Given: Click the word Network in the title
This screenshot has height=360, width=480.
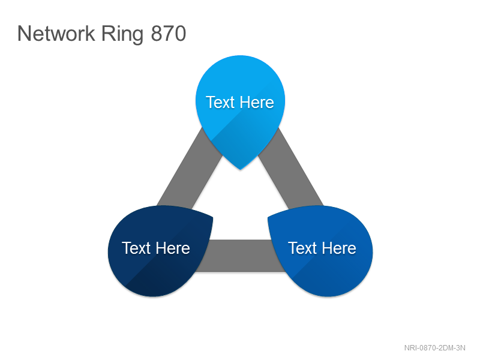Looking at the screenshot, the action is pos(56,34).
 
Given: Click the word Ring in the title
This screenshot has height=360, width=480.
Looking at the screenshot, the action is pos(122,35).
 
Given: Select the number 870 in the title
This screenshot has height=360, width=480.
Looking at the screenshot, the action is pos(169,34).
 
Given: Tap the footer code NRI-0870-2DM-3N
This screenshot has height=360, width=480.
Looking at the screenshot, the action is pos(434,348).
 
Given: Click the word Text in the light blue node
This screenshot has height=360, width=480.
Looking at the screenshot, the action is pos(220,102).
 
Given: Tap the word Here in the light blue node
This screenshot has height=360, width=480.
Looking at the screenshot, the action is pos(256,102).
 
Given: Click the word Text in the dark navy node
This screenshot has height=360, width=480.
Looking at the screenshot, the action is pos(136,248).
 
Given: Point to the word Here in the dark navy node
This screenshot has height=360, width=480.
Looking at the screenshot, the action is pos(172,248).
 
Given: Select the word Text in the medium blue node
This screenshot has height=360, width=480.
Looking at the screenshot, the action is pos(302,248).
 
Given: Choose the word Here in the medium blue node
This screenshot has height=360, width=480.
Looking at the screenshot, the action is pos(338,248).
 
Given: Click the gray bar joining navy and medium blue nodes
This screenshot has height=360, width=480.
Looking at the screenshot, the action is pos(241,256).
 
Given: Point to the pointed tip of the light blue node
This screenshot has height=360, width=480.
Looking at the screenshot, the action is pos(241,170).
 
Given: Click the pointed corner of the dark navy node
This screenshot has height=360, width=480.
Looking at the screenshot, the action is pos(213,218).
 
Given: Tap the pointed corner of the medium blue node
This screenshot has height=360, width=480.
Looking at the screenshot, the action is pos(268,218).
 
